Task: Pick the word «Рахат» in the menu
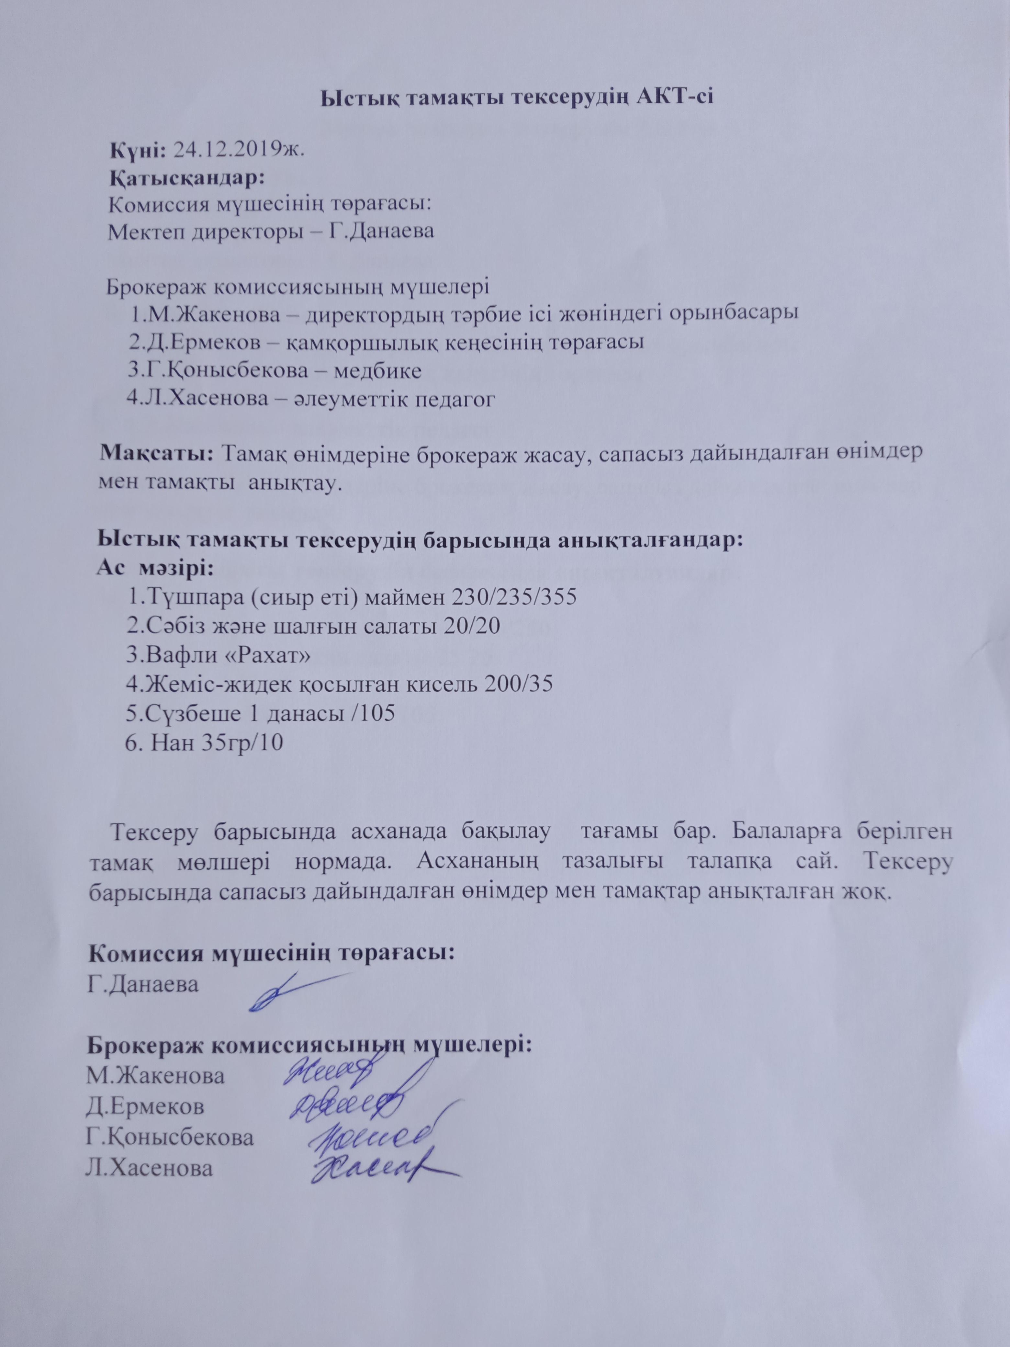(x=270, y=655)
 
